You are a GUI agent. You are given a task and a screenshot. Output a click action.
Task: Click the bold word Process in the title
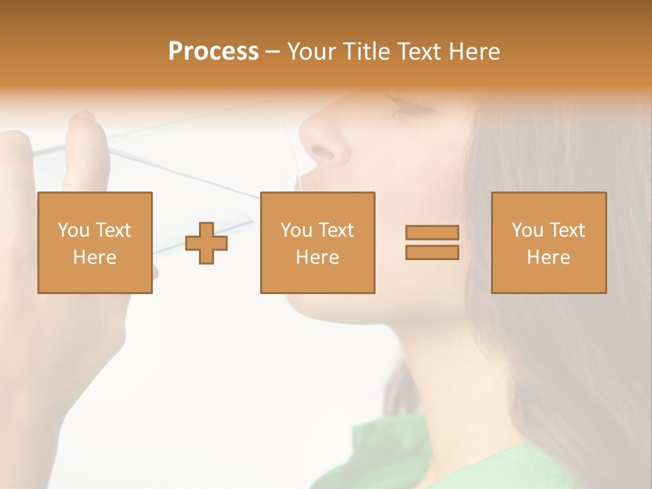coord(213,52)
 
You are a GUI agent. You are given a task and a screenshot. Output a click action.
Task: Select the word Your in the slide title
coord(312,52)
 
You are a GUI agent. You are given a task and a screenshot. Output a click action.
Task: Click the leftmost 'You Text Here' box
coord(95,242)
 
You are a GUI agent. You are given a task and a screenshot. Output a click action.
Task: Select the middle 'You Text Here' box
coord(317,242)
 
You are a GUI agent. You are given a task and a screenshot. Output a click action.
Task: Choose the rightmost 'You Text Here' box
coord(549,242)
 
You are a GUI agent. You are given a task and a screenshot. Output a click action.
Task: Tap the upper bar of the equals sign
coord(432,232)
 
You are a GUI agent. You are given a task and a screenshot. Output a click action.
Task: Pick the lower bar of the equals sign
coord(432,252)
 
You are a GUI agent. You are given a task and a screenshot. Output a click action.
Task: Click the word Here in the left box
coord(94,257)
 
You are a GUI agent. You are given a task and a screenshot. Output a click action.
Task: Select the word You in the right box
coord(527,230)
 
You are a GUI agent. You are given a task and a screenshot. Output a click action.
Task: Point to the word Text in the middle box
coord(335,230)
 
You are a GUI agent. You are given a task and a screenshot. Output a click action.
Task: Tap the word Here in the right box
coord(548,257)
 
